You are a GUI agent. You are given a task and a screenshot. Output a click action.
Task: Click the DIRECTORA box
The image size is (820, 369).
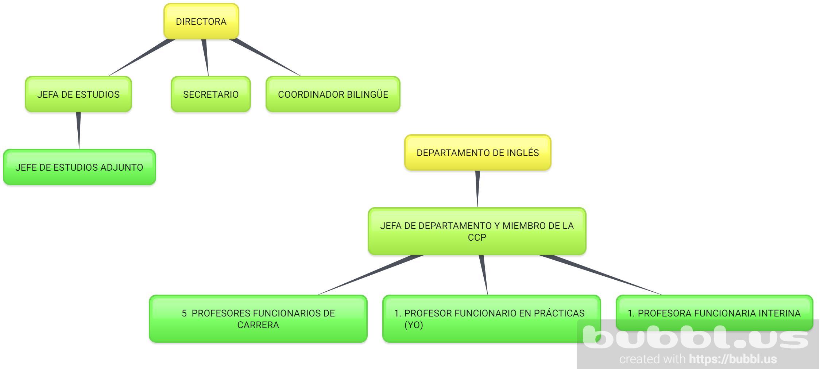[x=201, y=22]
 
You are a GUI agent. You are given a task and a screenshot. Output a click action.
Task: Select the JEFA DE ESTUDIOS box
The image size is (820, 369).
[x=78, y=94]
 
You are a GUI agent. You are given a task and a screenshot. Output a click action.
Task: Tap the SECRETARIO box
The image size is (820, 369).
[x=210, y=94]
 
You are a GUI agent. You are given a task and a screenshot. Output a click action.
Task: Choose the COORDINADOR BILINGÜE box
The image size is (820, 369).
[x=333, y=94]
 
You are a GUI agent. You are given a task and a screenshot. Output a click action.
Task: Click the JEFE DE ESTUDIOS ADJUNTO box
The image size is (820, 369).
[x=79, y=167]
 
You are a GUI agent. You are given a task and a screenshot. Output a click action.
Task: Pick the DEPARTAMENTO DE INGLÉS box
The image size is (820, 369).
[x=477, y=153]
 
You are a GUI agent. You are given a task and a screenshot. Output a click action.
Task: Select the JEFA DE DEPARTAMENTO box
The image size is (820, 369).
[x=477, y=231]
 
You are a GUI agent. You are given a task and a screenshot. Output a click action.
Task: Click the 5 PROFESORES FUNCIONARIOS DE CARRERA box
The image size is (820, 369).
[x=258, y=319]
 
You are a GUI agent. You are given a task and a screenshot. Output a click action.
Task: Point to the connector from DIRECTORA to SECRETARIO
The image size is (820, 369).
[x=205, y=57]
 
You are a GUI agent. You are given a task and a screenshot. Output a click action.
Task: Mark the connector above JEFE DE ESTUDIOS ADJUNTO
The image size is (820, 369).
[x=78, y=130]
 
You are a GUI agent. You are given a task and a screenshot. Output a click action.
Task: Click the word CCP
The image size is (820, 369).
[x=477, y=238]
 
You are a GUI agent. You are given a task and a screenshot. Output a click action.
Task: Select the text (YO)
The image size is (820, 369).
[x=414, y=325]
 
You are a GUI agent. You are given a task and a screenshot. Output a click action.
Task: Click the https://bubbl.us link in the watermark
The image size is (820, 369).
[x=733, y=359]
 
